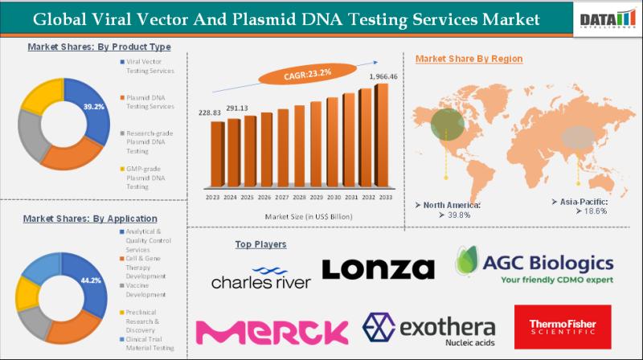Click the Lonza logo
(x=378, y=268)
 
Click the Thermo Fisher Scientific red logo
(x=562, y=326)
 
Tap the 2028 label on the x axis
(x=298, y=197)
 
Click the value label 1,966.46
(x=383, y=76)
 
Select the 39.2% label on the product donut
(x=95, y=107)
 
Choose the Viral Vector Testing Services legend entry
(x=149, y=67)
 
